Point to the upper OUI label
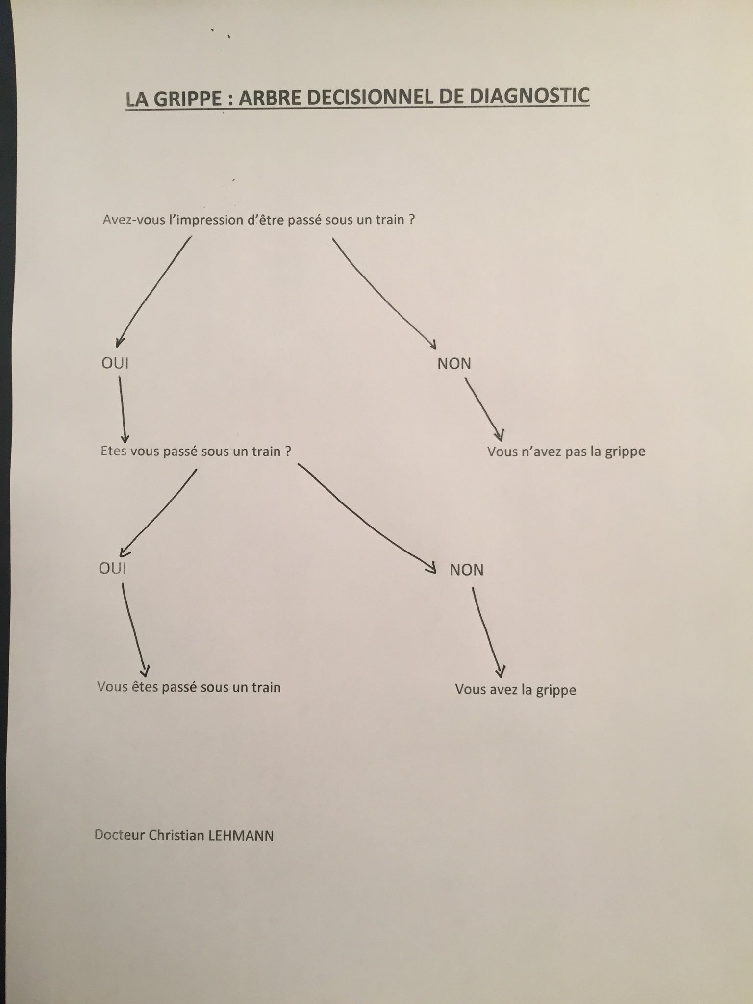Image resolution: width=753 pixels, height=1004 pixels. (115, 363)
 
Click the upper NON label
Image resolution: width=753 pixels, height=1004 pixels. (454, 364)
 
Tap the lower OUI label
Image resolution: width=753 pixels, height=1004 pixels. (112, 568)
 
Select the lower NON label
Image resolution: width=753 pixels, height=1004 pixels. (467, 570)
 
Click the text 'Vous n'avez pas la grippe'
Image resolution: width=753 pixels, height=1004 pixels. (566, 452)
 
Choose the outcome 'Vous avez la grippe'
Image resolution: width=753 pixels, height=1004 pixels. (515, 690)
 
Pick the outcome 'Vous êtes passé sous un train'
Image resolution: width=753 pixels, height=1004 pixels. (189, 687)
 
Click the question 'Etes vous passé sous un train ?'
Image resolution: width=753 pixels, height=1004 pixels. (196, 451)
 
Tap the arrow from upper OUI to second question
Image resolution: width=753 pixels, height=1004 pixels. (123, 409)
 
